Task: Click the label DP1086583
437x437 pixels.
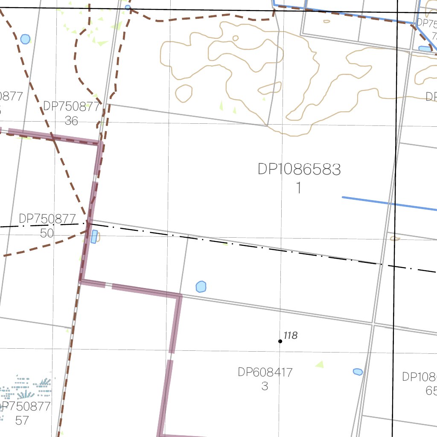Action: (299, 169)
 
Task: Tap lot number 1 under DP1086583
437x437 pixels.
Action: (299, 188)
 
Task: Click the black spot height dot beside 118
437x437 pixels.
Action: (280, 341)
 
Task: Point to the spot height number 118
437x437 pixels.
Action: (290, 336)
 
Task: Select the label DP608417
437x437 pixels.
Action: (265, 373)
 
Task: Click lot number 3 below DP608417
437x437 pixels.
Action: (265, 386)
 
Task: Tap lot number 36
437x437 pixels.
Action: (71, 121)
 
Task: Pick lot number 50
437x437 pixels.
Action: (47, 233)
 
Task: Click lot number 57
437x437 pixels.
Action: (22, 420)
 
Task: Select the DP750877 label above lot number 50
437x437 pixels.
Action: (47, 219)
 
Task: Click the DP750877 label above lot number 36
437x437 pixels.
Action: (71, 107)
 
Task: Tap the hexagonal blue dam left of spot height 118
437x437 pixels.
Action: (201, 287)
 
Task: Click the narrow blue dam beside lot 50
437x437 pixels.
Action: (94, 236)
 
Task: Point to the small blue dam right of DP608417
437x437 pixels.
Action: (358, 372)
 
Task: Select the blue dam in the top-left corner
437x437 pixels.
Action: (25, 39)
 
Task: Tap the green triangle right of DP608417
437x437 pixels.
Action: (319, 364)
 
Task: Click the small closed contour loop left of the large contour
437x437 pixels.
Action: (184, 93)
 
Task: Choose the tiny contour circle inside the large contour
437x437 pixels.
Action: (236, 38)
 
